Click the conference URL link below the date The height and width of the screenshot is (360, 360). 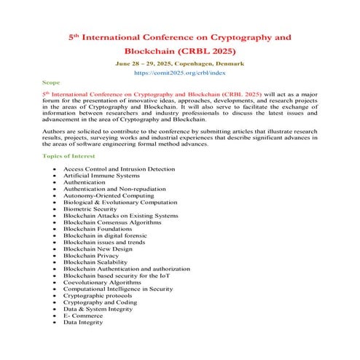coord(179,74)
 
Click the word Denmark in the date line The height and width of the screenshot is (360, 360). coord(227,64)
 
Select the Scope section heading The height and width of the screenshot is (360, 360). coord(52,84)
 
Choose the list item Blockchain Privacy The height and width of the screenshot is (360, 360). coord(91,256)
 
